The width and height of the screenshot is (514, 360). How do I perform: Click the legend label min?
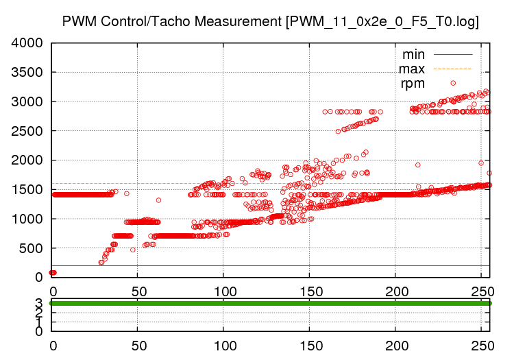tap(413, 53)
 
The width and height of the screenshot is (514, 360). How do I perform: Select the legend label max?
tap(412, 69)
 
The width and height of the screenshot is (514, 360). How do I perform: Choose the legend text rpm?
tap(413, 83)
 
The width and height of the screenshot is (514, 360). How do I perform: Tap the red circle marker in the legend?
tap(453, 83)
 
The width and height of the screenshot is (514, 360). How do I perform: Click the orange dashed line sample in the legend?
tap(453, 69)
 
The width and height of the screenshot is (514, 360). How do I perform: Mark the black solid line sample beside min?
tap(453, 53)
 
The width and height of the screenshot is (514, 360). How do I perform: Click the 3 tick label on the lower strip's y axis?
tap(39, 302)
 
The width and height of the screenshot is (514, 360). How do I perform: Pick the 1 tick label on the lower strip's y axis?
tap(39, 322)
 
